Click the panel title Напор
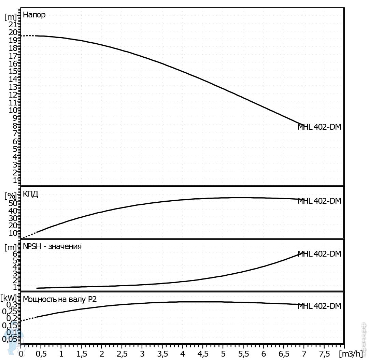pos(34,15)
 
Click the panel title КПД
pos(30,194)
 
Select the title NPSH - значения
pos(52,246)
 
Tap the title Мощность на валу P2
pos(60,300)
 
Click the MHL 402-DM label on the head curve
pos(320,127)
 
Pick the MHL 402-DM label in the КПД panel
pos(320,201)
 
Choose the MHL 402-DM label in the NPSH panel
pos(320,254)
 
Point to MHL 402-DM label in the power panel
pos(320,306)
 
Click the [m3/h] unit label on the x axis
pos(353,352)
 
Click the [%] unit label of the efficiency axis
pos(10,196)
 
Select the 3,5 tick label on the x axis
pos(162,352)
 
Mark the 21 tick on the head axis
pos(13,24)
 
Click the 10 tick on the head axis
pos(13,110)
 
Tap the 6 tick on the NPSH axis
pos(15,254)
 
